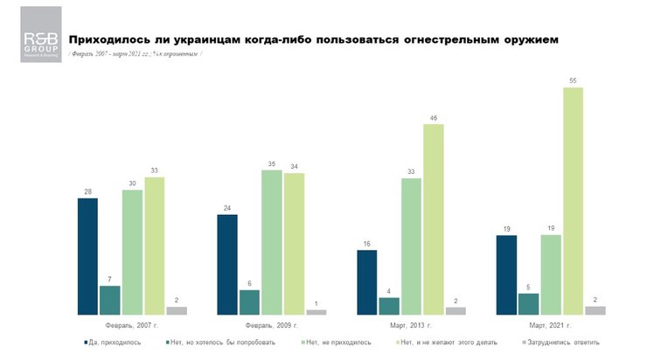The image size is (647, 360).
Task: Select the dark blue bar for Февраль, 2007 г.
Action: click(88, 256)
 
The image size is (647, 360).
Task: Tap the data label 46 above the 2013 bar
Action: click(434, 117)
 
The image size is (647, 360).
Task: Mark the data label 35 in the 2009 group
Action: click(272, 163)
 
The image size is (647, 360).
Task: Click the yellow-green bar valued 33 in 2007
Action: click(155, 246)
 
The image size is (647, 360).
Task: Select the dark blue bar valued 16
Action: click(366, 281)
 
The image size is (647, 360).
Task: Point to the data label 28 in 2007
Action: click(88, 191)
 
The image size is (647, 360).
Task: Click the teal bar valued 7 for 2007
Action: click(110, 300)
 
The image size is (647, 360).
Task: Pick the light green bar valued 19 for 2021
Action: click(552, 274)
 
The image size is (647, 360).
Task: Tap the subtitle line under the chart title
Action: click(136, 54)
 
